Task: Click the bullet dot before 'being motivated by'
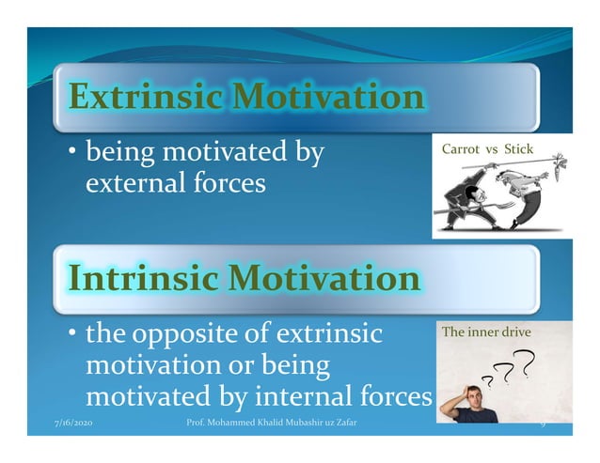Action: (72, 151)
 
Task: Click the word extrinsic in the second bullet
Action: (324, 334)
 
